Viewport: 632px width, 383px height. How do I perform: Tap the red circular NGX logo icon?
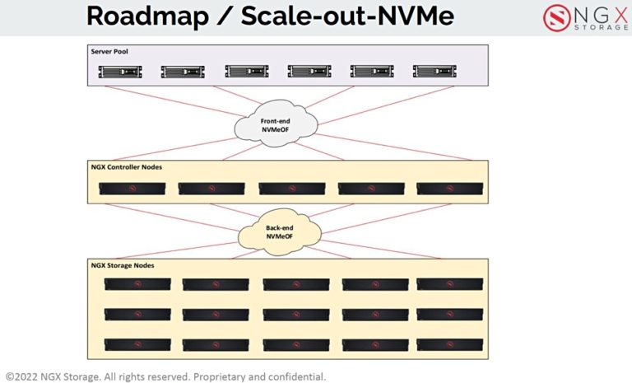point(556,17)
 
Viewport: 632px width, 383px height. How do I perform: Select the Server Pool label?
point(109,51)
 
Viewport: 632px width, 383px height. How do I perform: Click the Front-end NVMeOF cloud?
point(276,124)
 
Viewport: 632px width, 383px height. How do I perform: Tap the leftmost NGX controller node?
point(132,189)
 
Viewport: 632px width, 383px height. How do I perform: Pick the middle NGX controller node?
point(291,189)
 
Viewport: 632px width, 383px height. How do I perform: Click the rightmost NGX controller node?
point(449,189)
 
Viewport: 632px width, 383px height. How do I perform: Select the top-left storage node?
point(137,284)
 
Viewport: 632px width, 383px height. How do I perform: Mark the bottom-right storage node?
point(449,344)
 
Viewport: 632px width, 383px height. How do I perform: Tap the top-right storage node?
point(449,284)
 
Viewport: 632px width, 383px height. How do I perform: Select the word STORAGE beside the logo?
point(593,26)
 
